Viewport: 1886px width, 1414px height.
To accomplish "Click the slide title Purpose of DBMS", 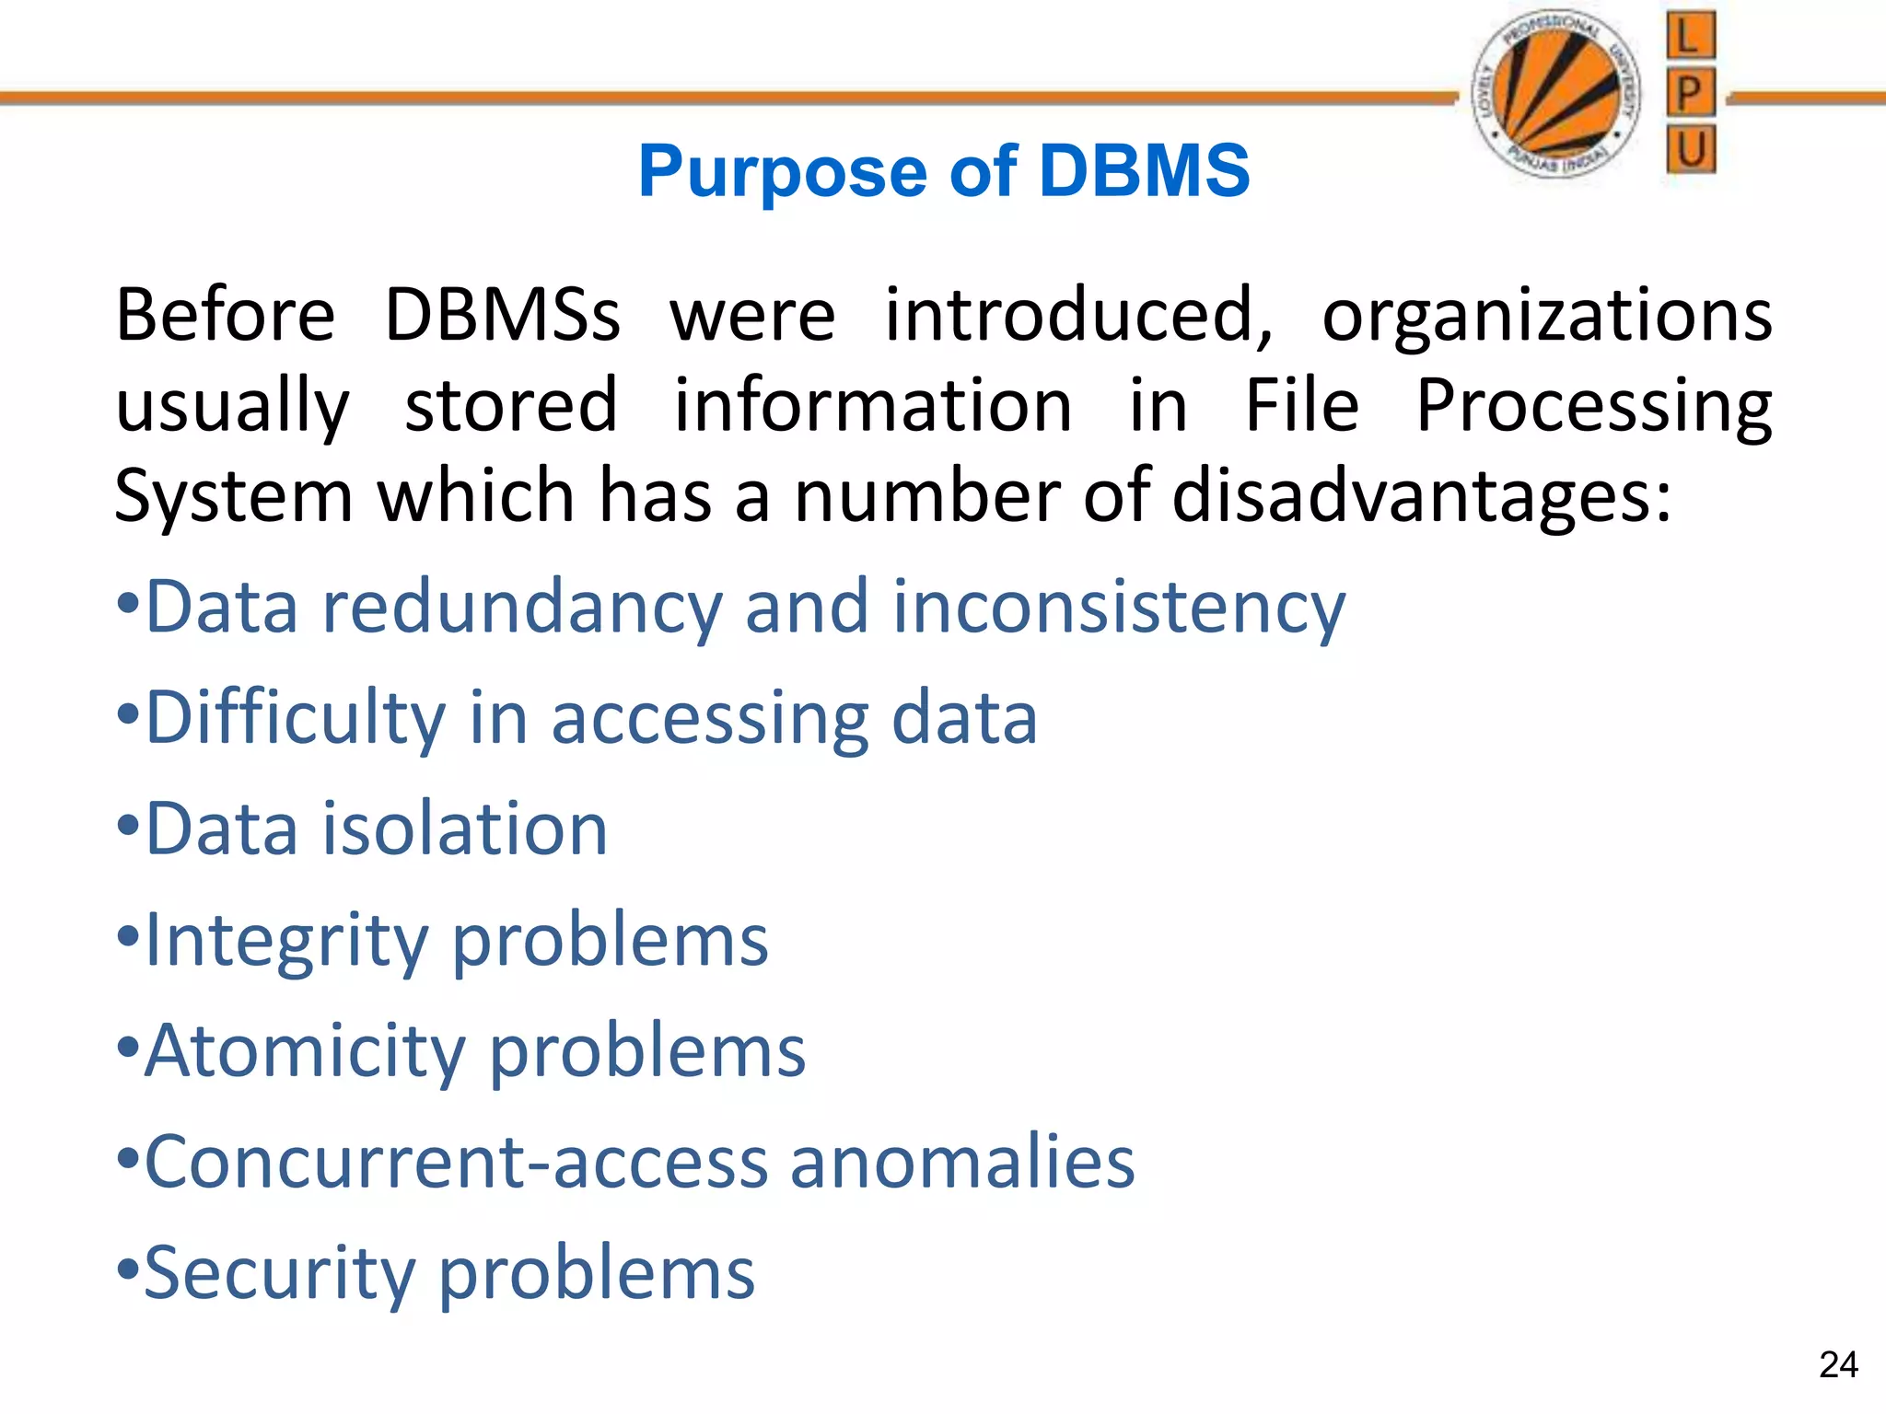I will tap(944, 172).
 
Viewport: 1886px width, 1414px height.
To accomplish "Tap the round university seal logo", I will tap(1556, 93).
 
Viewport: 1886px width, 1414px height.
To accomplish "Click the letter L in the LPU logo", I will tap(1691, 37).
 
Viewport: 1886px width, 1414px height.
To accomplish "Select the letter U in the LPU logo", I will tap(1691, 149).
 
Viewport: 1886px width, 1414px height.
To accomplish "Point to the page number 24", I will tap(1838, 1364).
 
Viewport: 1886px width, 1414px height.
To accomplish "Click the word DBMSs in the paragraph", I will tap(502, 316).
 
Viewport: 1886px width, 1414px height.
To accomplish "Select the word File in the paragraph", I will tap(1301, 405).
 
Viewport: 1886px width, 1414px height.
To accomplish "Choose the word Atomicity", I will tap(305, 1051).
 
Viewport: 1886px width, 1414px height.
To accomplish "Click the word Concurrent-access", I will tap(456, 1162).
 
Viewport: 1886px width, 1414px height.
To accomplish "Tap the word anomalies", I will tap(962, 1162).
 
